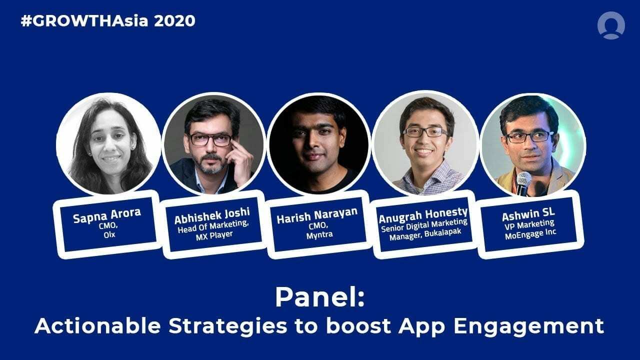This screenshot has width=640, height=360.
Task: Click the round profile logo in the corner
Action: [x=610, y=25]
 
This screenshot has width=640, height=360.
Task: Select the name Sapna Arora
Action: [x=107, y=212]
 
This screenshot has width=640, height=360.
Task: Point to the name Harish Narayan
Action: [x=317, y=212]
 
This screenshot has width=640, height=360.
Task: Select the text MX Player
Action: [x=214, y=234]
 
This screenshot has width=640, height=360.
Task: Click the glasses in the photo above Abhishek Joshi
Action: [x=210, y=139]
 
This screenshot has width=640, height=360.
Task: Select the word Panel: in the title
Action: [x=319, y=298]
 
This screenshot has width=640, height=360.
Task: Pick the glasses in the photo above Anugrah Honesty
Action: [x=425, y=131]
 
